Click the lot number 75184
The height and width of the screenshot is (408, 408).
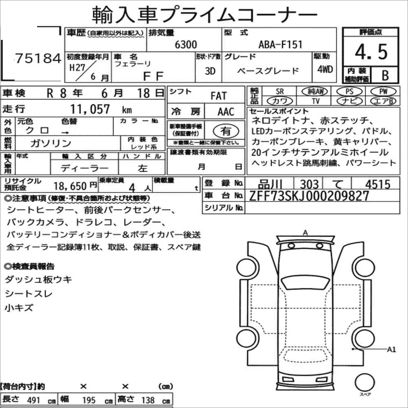[x=38, y=58]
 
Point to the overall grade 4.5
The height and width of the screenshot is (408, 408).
[x=371, y=52]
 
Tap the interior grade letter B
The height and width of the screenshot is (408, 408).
[x=385, y=75]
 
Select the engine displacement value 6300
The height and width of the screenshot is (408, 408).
[x=186, y=44]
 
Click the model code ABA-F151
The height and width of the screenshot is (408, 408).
[x=280, y=44]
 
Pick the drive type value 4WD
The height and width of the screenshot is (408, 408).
[x=325, y=69]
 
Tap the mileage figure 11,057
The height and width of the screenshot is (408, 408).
[x=90, y=109]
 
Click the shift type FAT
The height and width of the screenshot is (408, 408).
[x=219, y=96]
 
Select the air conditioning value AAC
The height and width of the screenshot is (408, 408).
[x=226, y=112]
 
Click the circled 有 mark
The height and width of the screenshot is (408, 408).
[x=226, y=131]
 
